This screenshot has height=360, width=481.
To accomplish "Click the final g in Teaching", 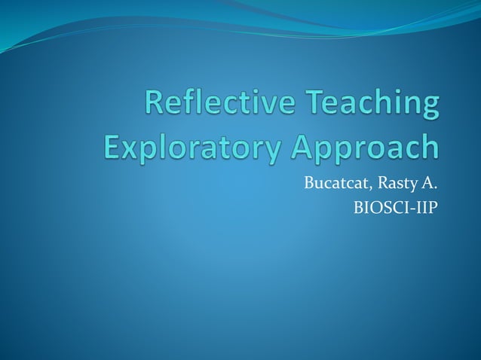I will (427, 108).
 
